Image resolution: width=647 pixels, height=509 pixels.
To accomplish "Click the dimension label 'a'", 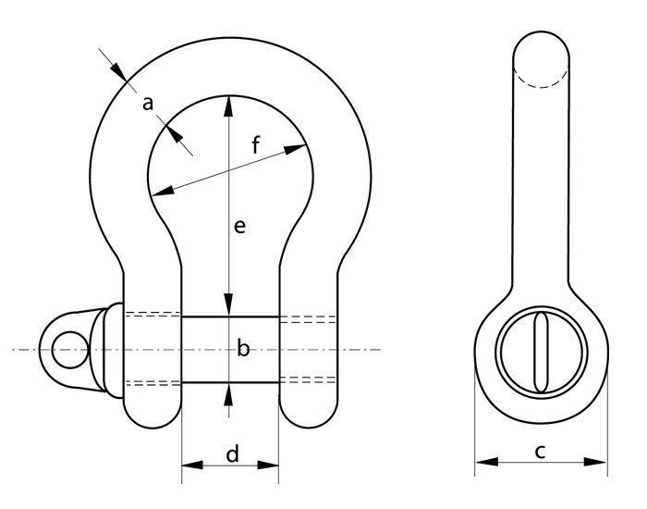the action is click(x=148, y=104).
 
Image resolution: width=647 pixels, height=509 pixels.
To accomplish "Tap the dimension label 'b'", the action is click(x=243, y=347).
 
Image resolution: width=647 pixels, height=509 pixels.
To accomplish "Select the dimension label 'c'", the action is click(x=540, y=452).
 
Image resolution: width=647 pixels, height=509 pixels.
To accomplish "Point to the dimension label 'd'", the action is click(x=233, y=453).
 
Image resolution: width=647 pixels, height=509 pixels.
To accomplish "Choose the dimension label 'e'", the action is click(x=239, y=226).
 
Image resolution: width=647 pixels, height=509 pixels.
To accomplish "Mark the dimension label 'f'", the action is click(x=256, y=145).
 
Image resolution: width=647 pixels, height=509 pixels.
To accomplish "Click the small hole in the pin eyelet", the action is click(x=70, y=350).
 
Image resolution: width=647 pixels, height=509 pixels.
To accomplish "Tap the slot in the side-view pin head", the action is click(x=541, y=352).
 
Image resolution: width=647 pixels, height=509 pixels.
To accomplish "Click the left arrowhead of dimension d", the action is click(x=192, y=466).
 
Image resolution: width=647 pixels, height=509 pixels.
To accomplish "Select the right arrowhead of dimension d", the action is click(x=268, y=466).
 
